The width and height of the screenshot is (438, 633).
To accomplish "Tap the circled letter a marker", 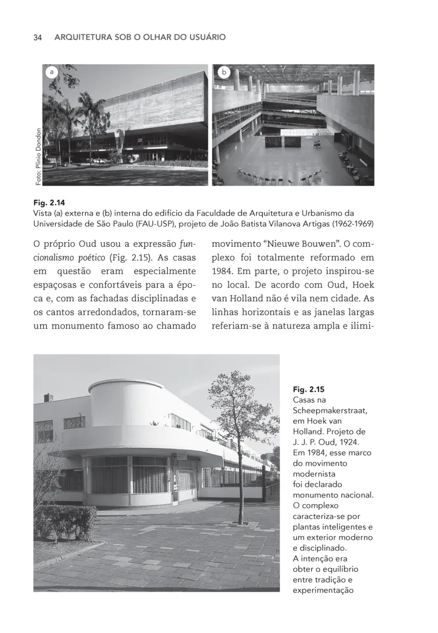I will [51, 72].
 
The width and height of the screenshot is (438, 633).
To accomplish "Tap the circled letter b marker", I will [223, 72].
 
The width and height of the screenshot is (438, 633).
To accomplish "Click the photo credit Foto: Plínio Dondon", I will [38, 157].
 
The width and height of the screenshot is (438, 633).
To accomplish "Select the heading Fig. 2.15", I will [309, 389].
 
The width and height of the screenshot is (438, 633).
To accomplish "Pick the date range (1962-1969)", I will [357, 223].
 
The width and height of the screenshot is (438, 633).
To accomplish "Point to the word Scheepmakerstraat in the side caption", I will [330, 410].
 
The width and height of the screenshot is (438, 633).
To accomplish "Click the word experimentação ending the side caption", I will [322, 590].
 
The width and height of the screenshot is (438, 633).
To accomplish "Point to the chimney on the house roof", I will [46, 397].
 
